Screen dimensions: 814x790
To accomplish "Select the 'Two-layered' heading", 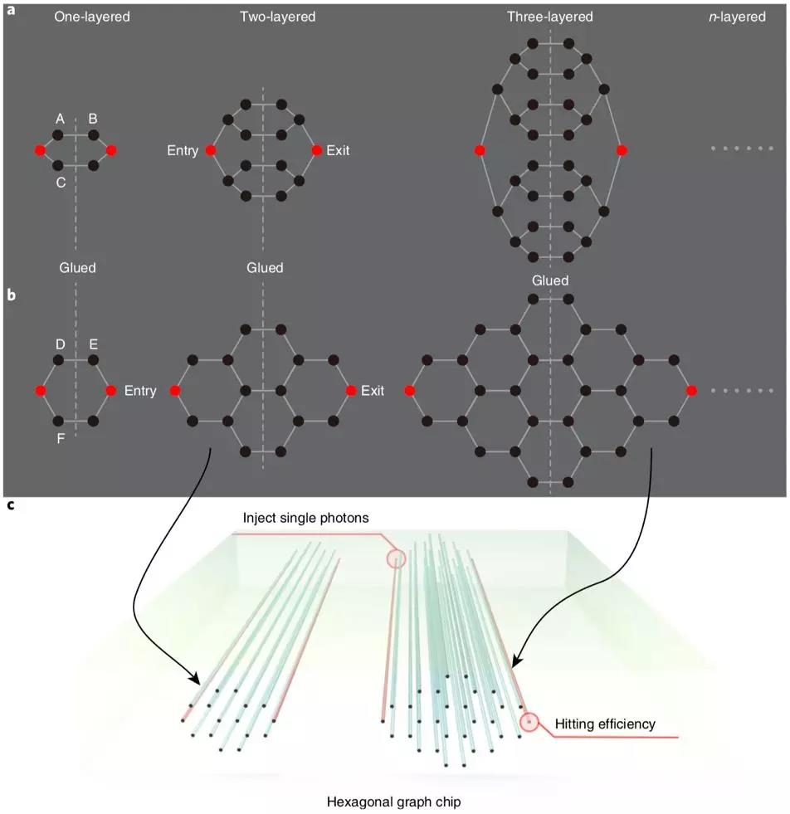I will point(271,17).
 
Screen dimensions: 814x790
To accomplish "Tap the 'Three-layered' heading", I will point(549,17).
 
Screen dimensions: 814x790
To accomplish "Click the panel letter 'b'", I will point(11,294).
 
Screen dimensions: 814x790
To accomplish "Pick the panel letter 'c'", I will point(11,505).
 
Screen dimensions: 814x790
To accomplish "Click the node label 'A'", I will point(61,119).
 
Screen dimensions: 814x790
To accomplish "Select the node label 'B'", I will point(93,119).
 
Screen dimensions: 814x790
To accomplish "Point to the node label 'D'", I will point(61,344).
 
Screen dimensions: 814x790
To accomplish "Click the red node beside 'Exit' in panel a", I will point(316,150).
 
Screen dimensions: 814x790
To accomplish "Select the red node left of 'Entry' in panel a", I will point(211,150).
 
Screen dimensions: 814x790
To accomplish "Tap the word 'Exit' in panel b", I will point(373,390).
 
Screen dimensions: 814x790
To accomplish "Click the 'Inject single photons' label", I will point(305,518).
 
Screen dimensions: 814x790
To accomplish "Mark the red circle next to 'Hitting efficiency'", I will point(529,723).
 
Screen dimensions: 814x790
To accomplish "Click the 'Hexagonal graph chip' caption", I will point(394,802).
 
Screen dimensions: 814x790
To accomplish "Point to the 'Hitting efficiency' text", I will point(605,724).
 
